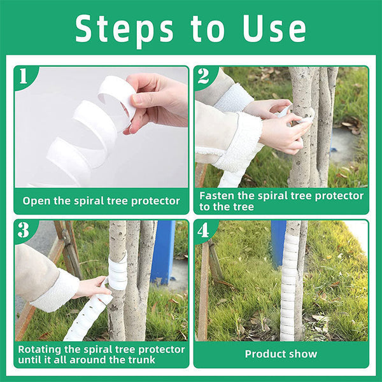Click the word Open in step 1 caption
36,201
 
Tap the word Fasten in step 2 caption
218,195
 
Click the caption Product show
281,354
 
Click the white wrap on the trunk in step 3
118,274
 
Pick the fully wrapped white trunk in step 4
289,280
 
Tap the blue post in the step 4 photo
278,242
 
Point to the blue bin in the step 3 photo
163,251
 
